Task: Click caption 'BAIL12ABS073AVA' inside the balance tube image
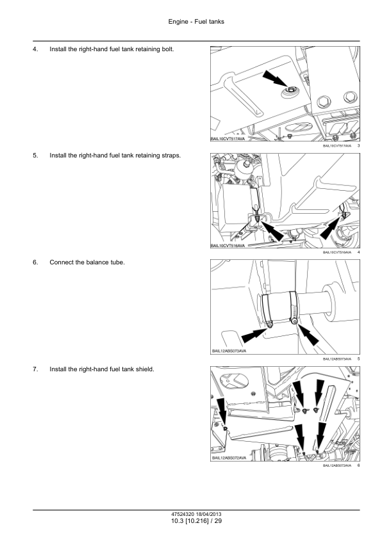229,351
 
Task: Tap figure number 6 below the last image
358,465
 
